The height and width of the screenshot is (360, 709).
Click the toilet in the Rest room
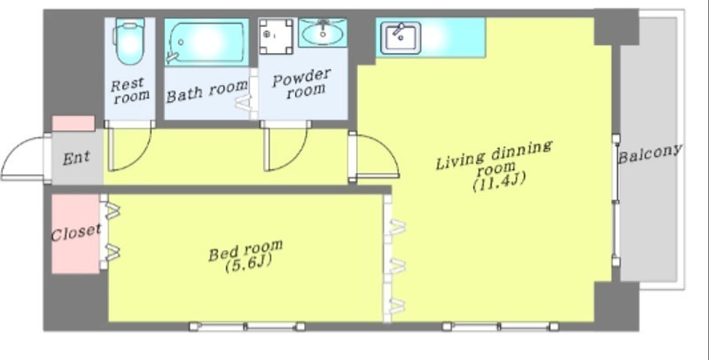(x=129, y=41)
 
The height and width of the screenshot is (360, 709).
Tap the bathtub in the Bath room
(x=206, y=42)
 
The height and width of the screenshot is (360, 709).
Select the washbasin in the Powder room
(x=323, y=33)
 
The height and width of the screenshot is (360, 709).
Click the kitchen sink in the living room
(x=401, y=38)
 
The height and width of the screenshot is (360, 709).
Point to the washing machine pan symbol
(x=276, y=36)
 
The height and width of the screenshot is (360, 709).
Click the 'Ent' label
(x=76, y=158)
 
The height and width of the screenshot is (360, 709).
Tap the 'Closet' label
(x=75, y=233)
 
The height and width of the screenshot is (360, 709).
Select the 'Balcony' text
(x=650, y=153)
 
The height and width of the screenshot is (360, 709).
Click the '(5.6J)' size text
(x=248, y=263)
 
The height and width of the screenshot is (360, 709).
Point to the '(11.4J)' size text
(x=499, y=182)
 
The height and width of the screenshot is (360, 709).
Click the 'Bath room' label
(x=207, y=91)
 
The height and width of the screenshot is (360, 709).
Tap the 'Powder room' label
(x=301, y=83)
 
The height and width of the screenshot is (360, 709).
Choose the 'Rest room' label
(x=130, y=90)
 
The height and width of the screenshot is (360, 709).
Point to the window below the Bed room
(x=247, y=326)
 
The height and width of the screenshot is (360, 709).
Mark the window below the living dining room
(x=500, y=326)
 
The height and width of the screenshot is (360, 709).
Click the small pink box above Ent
(x=74, y=123)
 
